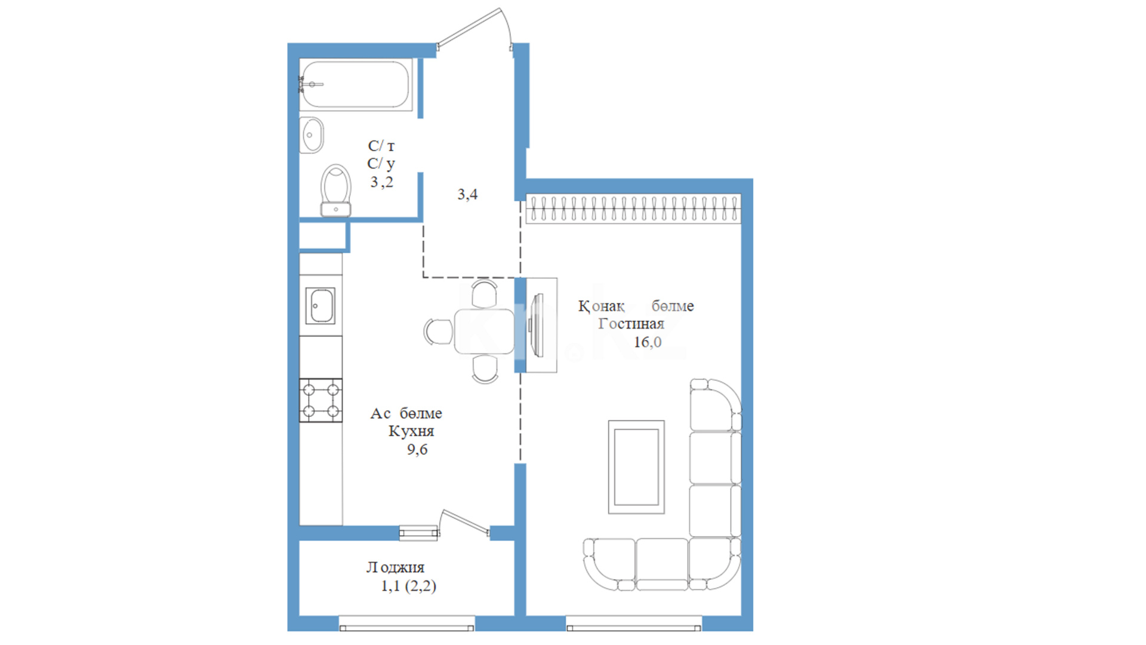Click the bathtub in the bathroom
pos(356,84)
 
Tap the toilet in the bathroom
pos(335,191)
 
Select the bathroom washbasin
pos(311,135)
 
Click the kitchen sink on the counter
pos(321,306)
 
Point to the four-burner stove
pos(321,400)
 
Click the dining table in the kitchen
pos(484,331)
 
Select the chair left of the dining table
pos(439,331)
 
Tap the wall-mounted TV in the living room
pos(538,325)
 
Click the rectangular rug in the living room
pos(636,467)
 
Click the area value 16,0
pos(648,342)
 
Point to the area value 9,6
pos(417,450)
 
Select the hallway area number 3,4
pos(467,194)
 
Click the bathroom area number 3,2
pos(381,182)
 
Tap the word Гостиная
pos(631,324)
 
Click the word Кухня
pos(411,431)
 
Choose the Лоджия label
pos(395,567)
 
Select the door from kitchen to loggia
pos(465,524)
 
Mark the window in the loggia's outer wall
pos(406,625)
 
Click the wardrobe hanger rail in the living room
pos(633,208)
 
